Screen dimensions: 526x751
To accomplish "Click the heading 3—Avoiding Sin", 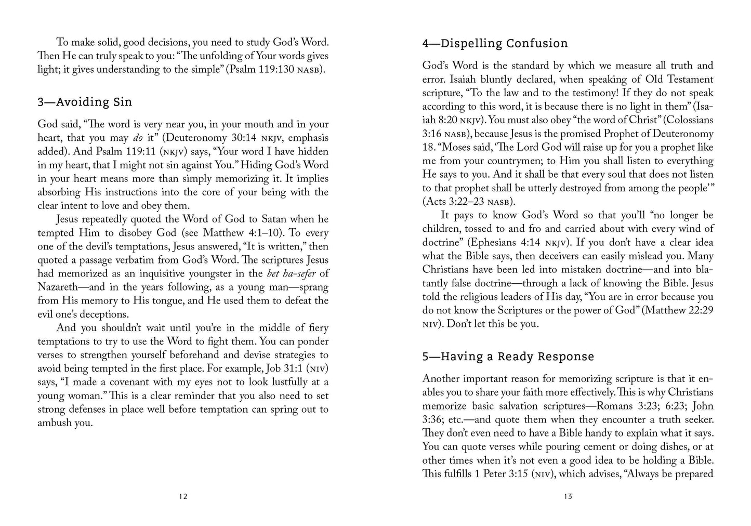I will (x=85, y=102).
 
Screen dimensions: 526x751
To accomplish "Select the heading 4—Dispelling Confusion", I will (x=495, y=43).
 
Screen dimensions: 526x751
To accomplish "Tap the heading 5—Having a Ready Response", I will (x=508, y=357).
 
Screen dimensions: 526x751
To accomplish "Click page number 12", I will (x=183, y=496).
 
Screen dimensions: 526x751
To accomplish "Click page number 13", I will (x=568, y=496).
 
